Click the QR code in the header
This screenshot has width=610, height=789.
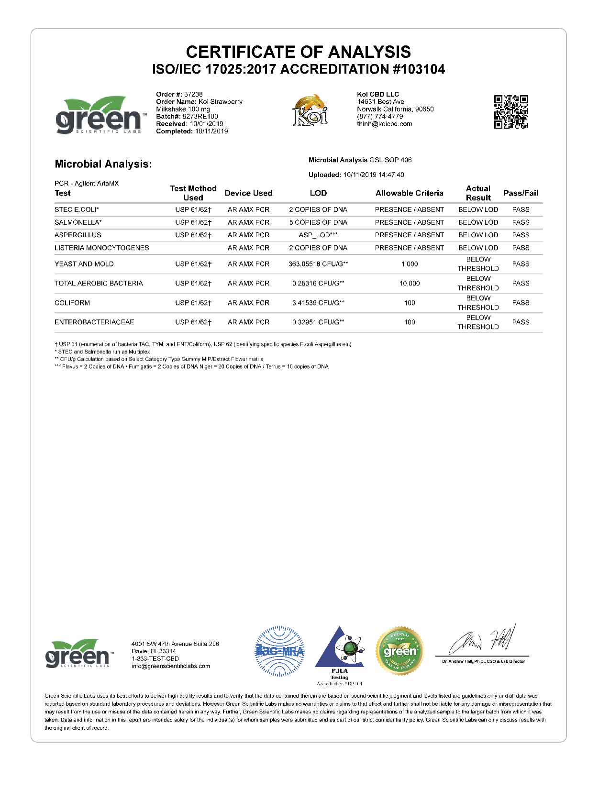511,112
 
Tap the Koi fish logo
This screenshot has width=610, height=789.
310,110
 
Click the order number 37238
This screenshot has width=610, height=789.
193,94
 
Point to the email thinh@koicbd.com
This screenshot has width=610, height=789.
384,124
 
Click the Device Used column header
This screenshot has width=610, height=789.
248,193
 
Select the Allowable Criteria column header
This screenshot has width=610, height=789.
409,193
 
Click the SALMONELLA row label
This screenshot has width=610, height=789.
78,222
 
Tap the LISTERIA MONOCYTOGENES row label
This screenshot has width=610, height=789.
101,248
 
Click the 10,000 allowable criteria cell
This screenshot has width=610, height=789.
410,283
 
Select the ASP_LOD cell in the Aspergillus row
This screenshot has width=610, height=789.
318,235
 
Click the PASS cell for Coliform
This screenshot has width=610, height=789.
521,303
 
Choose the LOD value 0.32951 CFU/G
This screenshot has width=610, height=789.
318,322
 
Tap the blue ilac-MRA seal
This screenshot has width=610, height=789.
279,651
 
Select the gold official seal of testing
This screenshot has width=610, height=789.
400,651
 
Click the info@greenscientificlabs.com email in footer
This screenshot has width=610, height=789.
171,666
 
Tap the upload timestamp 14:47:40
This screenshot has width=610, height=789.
391,175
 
